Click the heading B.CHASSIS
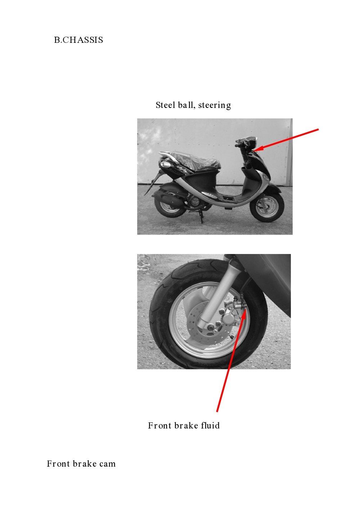78,40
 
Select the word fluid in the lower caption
210,426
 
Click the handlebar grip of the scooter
238,145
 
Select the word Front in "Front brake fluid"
159,426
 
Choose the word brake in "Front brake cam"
84,464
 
